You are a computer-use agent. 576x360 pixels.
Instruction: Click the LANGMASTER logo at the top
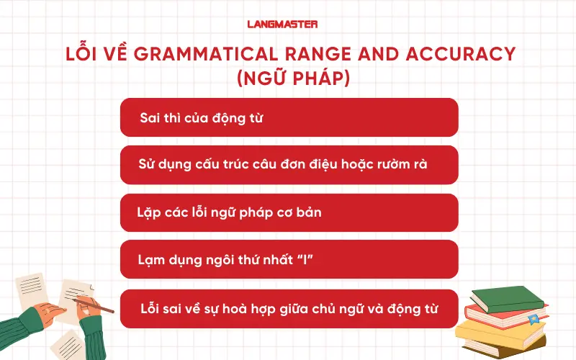tap(287, 24)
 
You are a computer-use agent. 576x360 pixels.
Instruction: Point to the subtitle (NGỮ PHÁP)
tap(288, 78)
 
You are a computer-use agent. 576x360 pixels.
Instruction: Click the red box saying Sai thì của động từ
tap(289, 117)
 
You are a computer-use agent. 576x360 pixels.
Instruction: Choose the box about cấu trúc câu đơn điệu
tap(289, 165)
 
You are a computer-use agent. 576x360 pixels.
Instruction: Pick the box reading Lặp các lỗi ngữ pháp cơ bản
tap(289, 213)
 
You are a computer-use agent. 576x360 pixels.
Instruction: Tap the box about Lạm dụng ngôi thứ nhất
tap(289, 259)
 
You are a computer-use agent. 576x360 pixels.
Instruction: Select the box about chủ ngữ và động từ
tap(289, 308)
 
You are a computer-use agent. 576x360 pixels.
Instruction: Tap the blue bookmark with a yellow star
tap(534, 319)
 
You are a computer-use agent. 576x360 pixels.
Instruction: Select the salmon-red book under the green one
tap(497, 314)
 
